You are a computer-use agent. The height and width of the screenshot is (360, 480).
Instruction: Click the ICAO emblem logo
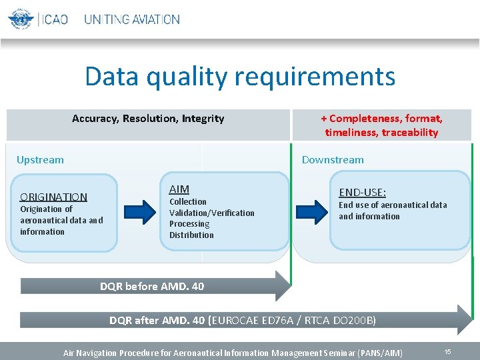pyautogui.click(x=21, y=19)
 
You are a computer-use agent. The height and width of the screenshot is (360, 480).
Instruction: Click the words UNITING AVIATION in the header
pyautogui.click(x=132, y=19)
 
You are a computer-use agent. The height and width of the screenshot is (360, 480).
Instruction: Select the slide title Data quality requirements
pyautogui.click(x=240, y=77)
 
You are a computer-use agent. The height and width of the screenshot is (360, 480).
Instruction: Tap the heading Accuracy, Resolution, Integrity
pyautogui.click(x=148, y=119)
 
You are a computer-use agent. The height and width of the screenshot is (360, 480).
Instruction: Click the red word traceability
pyautogui.click(x=410, y=132)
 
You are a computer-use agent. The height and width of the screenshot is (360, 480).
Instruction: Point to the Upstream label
pyautogui.click(x=40, y=160)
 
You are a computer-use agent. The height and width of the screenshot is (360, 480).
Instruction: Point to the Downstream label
pyautogui.click(x=333, y=160)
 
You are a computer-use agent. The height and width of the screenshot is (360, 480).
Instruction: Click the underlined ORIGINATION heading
pyautogui.click(x=53, y=197)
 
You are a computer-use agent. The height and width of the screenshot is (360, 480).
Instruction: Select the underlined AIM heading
pyautogui.click(x=179, y=189)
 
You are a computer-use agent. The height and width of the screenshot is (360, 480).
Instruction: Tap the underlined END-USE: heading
pyautogui.click(x=362, y=193)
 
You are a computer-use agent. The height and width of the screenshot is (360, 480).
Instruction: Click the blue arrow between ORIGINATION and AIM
pyautogui.click(x=142, y=211)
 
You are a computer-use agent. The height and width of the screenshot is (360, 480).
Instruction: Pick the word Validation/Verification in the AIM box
pyautogui.click(x=211, y=213)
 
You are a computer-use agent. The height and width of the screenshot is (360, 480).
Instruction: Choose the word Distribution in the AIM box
pyautogui.click(x=191, y=235)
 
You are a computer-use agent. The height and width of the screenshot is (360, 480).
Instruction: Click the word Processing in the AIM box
pyautogui.click(x=189, y=224)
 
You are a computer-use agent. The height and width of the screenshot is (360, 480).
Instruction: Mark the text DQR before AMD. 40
pyautogui.click(x=152, y=287)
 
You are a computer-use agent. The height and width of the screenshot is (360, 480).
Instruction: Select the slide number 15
pyautogui.click(x=448, y=351)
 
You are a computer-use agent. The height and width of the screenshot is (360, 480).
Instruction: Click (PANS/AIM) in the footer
pyautogui.click(x=380, y=352)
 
